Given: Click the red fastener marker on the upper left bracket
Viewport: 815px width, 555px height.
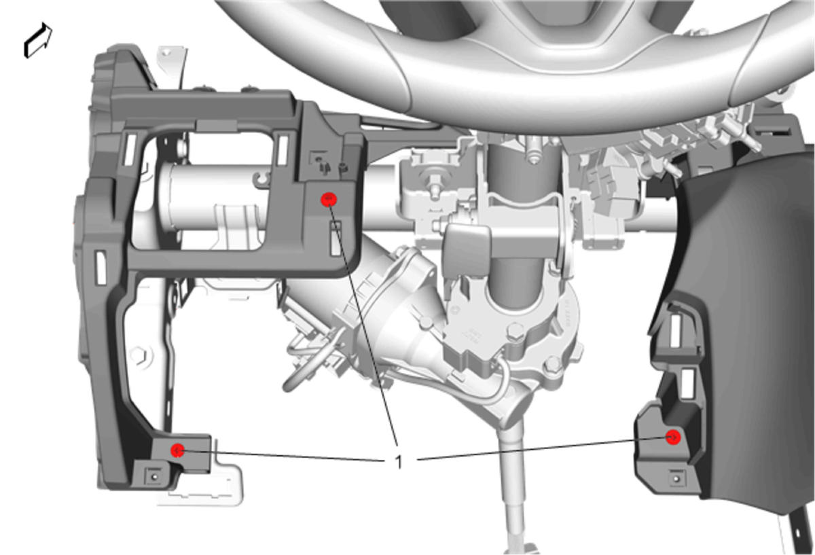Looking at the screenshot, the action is pos(329,199).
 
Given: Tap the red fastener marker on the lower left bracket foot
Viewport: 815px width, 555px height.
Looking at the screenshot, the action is pos(177,450).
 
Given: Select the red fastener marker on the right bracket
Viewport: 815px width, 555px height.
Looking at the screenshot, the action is pos(673,437).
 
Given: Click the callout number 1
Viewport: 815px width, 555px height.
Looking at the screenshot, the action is pos(399,462).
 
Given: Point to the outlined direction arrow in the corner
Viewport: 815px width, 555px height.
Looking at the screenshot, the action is pos(38,40).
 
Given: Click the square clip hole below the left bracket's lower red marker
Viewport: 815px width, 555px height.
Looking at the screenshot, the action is pos(153,476).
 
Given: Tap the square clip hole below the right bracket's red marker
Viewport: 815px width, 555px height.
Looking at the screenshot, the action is pos(676,478).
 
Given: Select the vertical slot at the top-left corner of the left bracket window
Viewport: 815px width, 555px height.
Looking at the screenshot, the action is pos(129,150).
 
